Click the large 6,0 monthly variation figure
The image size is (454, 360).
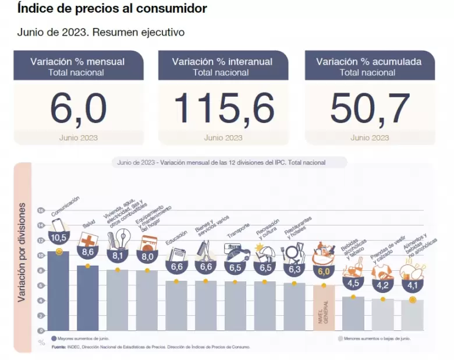tap(78, 109)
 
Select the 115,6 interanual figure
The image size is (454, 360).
tap(224, 109)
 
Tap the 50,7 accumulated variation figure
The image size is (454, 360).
tap(370, 109)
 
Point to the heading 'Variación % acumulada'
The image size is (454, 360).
tap(368, 62)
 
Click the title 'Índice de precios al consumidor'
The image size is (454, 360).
tap(112, 9)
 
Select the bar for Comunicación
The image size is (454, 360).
tap(58, 291)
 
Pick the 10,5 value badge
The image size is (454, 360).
tap(58, 238)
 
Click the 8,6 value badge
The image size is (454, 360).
tap(87, 252)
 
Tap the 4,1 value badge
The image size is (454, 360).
tap(412, 285)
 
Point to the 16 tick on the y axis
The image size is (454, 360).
tap(41, 210)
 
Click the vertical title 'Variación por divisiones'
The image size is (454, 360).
tap(22, 252)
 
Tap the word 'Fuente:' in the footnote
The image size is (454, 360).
tap(58, 347)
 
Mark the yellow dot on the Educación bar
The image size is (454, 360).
tap(176, 281)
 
